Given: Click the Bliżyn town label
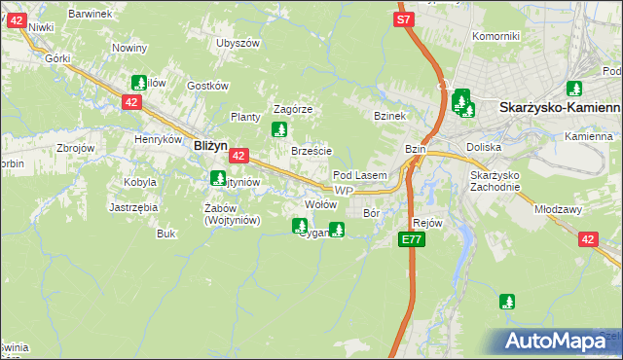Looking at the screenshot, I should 209,144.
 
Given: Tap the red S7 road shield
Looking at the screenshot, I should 405,19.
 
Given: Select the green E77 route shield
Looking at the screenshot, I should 411,239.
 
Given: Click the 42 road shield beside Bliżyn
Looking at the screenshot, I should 240,155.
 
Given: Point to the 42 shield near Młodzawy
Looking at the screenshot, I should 587,238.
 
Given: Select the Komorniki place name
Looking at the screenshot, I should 495,36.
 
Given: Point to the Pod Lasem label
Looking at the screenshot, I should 360,175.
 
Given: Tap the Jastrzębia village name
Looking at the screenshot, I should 133,207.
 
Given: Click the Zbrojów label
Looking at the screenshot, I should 75,148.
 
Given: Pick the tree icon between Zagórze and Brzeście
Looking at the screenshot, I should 279,128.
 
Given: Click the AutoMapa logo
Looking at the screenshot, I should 559,342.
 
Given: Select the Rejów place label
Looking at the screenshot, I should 428,223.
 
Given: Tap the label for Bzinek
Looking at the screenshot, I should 388,115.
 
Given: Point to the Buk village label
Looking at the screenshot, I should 165,234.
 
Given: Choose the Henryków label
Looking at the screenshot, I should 159,139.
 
